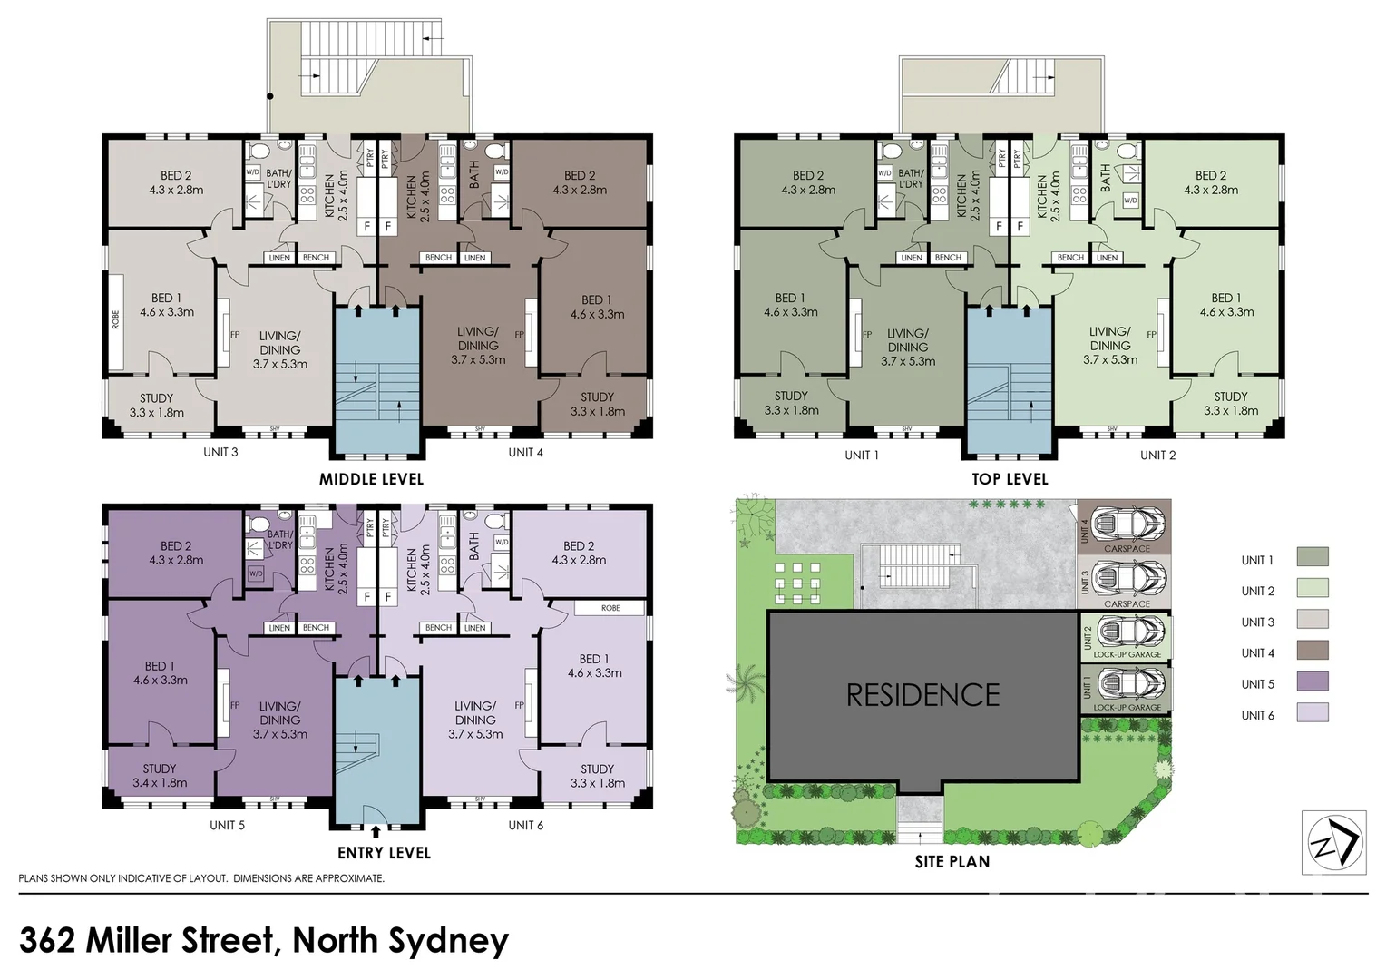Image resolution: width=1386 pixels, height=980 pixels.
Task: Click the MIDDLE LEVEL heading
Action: click(x=371, y=479)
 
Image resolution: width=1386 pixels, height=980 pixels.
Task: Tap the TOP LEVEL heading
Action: click(x=1010, y=479)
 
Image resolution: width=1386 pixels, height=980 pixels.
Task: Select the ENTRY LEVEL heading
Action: click(x=384, y=853)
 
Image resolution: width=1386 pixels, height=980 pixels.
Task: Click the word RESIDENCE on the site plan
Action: click(x=922, y=695)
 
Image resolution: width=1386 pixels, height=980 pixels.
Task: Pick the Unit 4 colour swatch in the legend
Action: click(x=1312, y=651)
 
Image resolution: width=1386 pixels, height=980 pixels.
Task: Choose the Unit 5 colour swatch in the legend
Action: click(x=1312, y=681)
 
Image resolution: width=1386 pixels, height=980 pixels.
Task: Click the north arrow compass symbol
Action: click(x=1333, y=843)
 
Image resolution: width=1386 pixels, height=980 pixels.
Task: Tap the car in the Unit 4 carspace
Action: click(x=1128, y=524)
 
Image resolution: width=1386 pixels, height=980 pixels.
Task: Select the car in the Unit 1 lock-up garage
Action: click(x=1128, y=683)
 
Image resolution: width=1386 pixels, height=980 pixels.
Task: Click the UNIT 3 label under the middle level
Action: click(x=220, y=452)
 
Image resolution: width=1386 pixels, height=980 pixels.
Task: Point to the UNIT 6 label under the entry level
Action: click(x=525, y=825)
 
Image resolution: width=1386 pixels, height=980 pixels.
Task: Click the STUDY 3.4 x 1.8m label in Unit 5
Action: click(x=160, y=776)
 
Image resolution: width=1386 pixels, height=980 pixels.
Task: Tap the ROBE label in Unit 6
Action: click(x=610, y=608)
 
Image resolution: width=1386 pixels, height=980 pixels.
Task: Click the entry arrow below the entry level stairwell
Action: click(x=376, y=830)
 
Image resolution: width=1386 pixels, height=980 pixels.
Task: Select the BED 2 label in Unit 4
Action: click(x=580, y=182)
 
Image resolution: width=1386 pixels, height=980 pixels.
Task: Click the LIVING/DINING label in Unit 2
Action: click(x=1110, y=345)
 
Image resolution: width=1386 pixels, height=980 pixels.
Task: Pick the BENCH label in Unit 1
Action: click(x=948, y=258)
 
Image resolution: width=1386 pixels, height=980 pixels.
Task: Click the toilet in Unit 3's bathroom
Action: click(x=257, y=151)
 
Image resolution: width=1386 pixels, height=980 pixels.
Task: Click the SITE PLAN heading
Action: click(x=952, y=862)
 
